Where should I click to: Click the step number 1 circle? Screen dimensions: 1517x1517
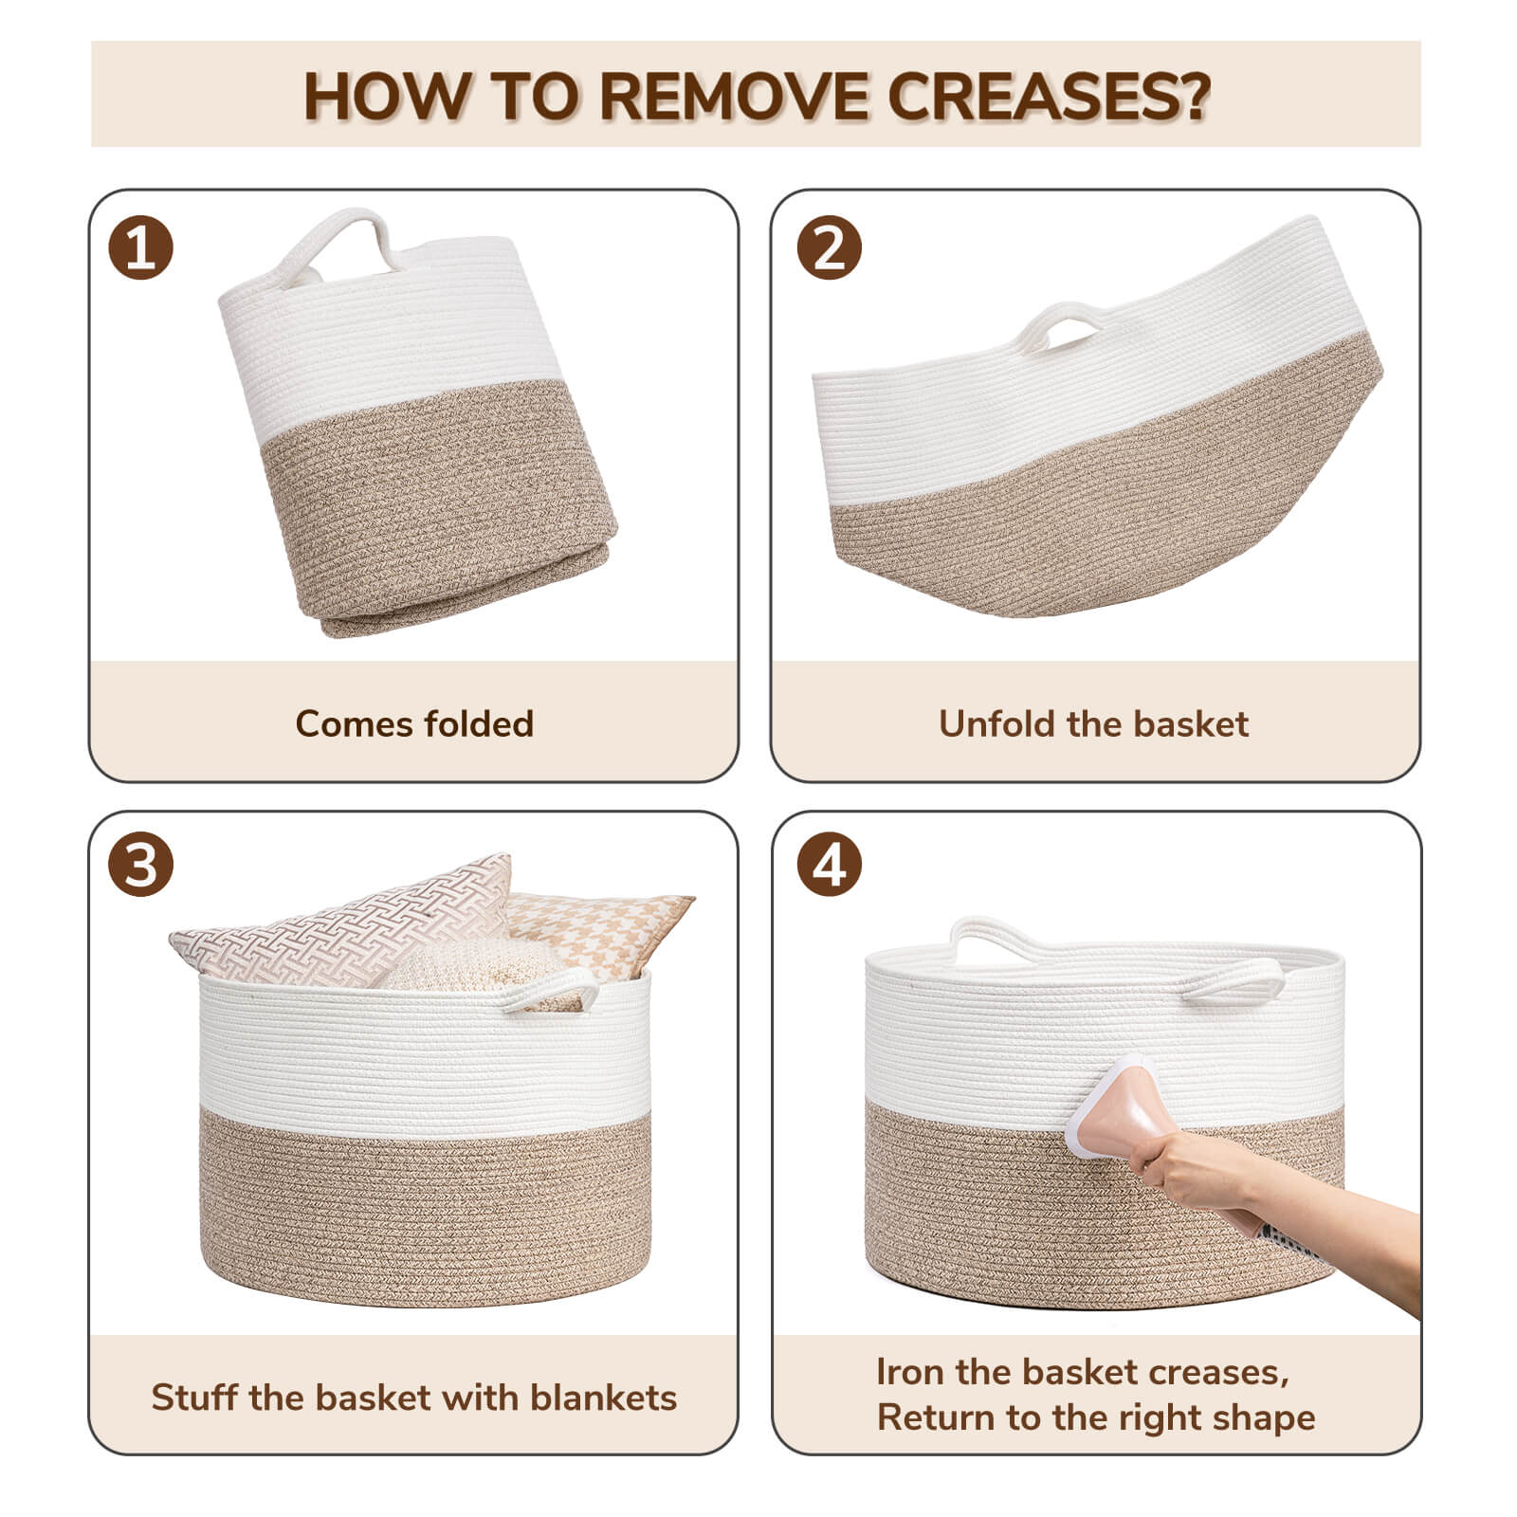tap(141, 248)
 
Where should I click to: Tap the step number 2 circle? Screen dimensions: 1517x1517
tap(830, 248)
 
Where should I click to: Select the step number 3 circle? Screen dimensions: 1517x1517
tap(141, 866)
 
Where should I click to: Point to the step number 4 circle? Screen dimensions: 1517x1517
tap(830, 866)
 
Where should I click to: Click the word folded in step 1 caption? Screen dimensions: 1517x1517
tap(479, 724)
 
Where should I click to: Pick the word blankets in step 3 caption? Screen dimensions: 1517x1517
tap(604, 1398)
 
